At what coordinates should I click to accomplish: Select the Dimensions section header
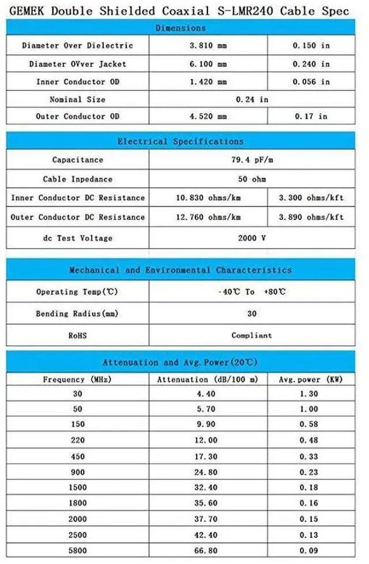click(180, 28)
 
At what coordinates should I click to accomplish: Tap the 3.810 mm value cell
click(209, 46)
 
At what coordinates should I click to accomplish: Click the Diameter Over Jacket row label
click(77, 64)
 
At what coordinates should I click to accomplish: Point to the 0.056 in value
click(311, 81)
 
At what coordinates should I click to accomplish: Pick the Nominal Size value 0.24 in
click(253, 99)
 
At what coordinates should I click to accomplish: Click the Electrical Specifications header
click(180, 141)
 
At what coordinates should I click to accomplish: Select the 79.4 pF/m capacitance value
click(251, 160)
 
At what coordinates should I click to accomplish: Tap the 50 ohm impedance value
click(251, 179)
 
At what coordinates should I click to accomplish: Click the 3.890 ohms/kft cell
click(311, 217)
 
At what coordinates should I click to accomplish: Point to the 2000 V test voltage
click(251, 238)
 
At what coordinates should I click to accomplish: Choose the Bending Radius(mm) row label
click(77, 313)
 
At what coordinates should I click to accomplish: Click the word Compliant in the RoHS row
click(251, 335)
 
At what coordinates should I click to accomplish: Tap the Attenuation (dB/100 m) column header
click(208, 379)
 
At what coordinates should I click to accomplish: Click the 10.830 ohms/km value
click(208, 198)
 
